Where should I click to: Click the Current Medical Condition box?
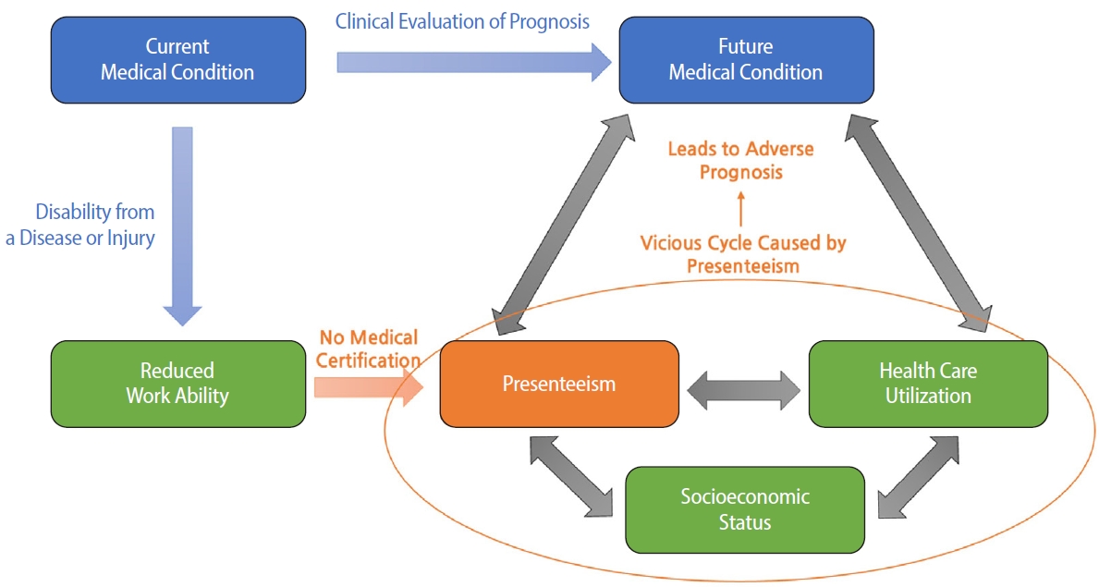(x=177, y=59)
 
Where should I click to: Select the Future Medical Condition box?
(x=745, y=59)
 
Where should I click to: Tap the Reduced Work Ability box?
(x=177, y=384)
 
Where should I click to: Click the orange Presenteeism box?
(x=559, y=384)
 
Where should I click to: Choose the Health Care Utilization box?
(x=928, y=384)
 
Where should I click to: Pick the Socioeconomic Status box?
(x=745, y=509)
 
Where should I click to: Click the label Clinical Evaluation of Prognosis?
(x=462, y=21)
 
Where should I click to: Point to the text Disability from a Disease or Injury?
(x=81, y=225)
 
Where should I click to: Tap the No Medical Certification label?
(x=368, y=349)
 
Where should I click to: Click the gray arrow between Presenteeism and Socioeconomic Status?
(x=571, y=475)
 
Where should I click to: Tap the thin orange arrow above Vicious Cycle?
(x=741, y=209)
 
